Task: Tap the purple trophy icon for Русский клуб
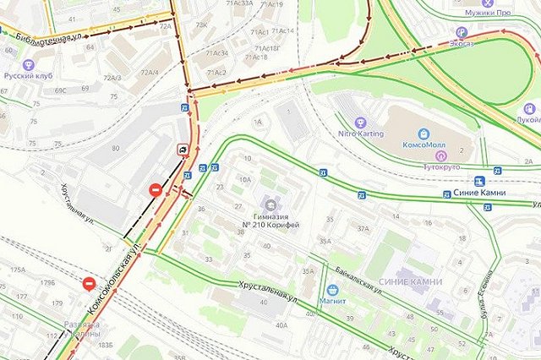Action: (29, 65)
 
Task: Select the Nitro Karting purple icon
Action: (361, 121)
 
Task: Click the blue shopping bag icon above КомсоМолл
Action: (424, 134)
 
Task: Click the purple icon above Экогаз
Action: (461, 31)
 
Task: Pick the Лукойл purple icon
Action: (530, 108)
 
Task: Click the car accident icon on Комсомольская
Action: (182, 150)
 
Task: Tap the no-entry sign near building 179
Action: (90, 284)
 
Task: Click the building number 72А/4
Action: (149, 73)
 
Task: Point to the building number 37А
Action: (363, 228)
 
